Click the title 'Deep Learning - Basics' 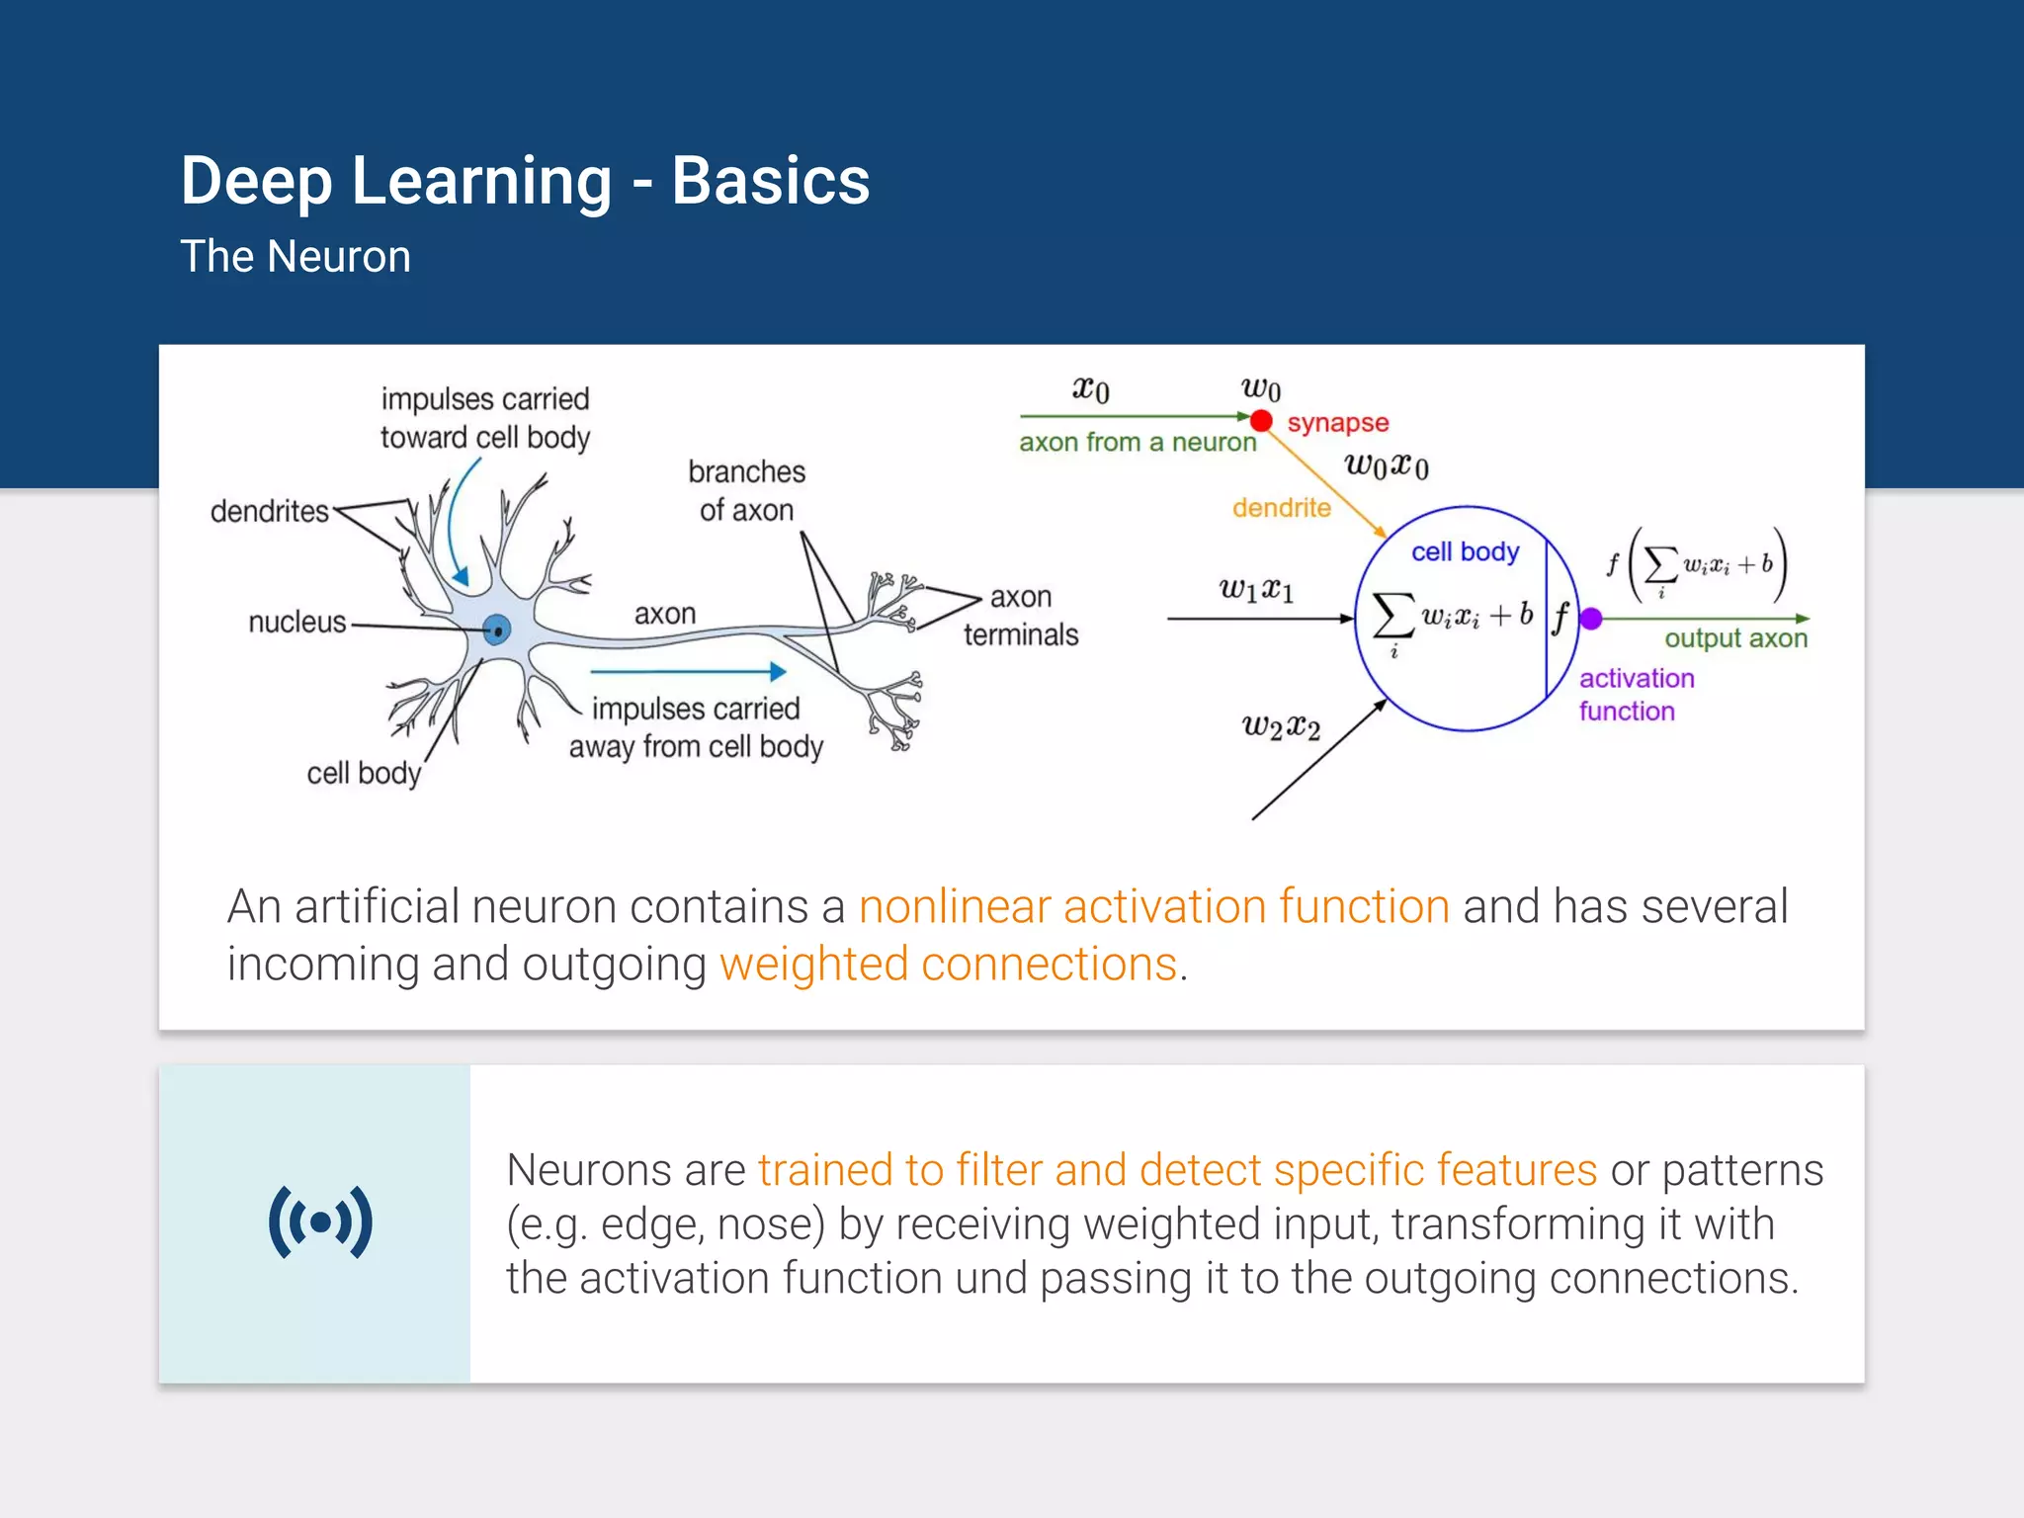click(x=524, y=182)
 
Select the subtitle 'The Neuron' click(x=295, y=257)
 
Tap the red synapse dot click(x=1261, y=421)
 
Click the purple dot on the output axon click(x=1590, y=619)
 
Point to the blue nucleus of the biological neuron click(x=497, y=629)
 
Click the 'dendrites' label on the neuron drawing click(x=269, y=511)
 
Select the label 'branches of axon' click(x=746, y=490)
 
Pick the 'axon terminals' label click(x=1021, y=616)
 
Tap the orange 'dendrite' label click(x=1281, y=508)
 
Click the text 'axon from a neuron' click(x=1137, y=442)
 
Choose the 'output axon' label click(x=1735, y=638)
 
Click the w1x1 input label click(x=1256, y=590)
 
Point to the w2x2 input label click(x=1281, y=727)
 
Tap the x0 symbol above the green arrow click(x=1091, y=388)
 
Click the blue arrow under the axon click(x=688, y=672)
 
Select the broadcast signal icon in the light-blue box click(x=320, y=1223)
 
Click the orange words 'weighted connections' click(x=948, y=964)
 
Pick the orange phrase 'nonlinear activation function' click(x=1153, y=906)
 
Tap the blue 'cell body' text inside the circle click(x=1465, y=551)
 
